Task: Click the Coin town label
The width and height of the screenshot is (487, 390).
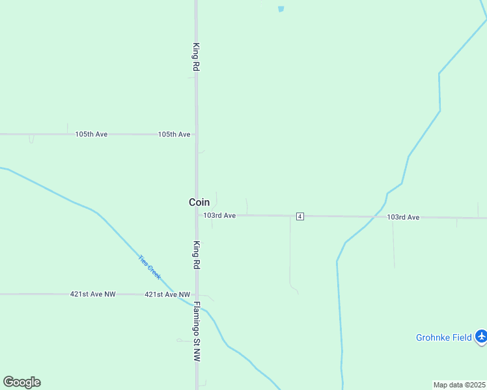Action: click(199, 202)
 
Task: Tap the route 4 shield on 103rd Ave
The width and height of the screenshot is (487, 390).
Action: click(299, 216)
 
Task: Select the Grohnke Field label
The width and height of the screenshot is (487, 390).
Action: click(444, 337)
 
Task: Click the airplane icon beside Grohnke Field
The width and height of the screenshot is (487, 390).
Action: click(481, 336)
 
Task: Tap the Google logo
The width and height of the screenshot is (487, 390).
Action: click(21, 382)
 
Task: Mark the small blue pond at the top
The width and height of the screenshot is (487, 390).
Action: click(281, 9)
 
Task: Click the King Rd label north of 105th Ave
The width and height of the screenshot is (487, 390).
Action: click(196, 57)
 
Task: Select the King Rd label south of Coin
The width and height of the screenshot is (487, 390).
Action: click(196, 255)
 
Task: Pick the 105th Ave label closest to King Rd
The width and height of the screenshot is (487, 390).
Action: click(174, 134)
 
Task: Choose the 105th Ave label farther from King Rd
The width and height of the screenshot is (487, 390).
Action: click(91, 134)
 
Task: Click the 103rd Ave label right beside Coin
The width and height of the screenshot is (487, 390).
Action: click(219, 215)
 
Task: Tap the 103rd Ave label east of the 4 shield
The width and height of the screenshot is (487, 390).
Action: click(403, 217)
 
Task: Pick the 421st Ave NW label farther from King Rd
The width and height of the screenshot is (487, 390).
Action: click(92, 294)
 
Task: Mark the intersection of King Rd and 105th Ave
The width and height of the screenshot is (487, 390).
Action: click(197, 134)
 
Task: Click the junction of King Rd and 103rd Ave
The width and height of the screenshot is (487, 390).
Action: click(197, 214)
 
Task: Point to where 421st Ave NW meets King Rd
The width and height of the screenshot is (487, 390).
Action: click(197, 294)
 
